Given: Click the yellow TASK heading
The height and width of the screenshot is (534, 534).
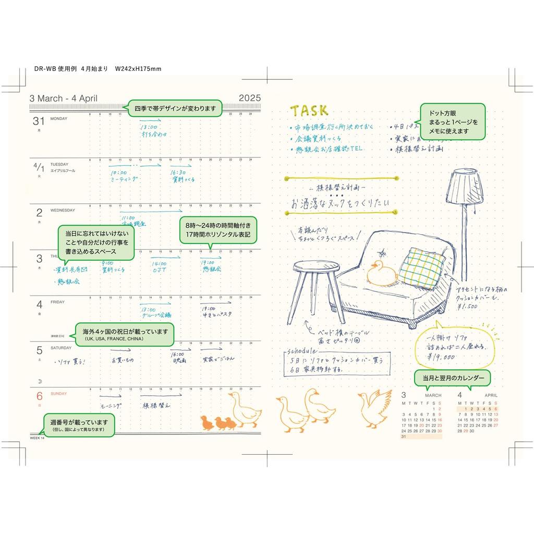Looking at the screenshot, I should click(x=309, y=111).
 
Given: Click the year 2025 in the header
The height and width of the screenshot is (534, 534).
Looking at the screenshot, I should click(x=249, y=99).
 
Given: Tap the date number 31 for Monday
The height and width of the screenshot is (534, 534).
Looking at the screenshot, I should click(x=39, y=121).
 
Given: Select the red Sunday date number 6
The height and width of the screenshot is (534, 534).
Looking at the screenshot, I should click(x=39, y=395).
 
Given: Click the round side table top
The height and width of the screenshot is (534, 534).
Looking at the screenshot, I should click(x=316, y=267).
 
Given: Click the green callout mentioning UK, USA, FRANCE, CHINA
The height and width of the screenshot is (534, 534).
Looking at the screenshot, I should click(x=125, y=334).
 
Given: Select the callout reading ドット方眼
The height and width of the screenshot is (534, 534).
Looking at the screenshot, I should click(x=453, y=122).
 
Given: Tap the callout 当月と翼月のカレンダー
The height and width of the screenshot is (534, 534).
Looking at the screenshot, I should click(x=452, y=378).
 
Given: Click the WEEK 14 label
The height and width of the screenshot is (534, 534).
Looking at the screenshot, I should click(x=38, y=438).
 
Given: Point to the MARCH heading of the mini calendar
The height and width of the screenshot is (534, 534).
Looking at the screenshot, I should click(x=433, y=396).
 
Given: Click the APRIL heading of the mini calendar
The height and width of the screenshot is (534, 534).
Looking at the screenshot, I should click(x=490, y=396).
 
